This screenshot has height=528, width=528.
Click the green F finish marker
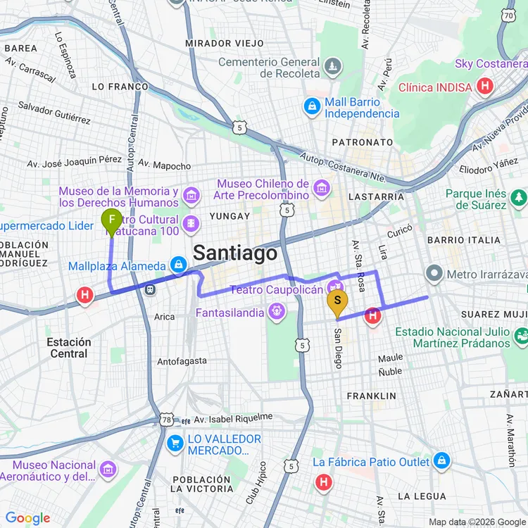111,221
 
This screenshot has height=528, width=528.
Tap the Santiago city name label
235,253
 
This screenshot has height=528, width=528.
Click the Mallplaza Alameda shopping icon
178,265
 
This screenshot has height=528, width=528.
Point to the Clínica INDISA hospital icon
484,87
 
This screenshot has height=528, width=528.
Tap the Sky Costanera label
491,64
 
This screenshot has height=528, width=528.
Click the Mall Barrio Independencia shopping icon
311,107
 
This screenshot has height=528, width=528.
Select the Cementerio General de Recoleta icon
333,68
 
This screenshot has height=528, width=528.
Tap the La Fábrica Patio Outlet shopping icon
441,462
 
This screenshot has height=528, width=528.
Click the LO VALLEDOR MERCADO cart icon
175,444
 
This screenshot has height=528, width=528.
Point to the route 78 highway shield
166,420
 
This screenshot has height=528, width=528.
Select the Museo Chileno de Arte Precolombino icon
322,188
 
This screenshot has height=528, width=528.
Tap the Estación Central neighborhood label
68,348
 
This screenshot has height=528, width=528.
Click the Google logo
27,518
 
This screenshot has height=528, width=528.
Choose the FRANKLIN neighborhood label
371,396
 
